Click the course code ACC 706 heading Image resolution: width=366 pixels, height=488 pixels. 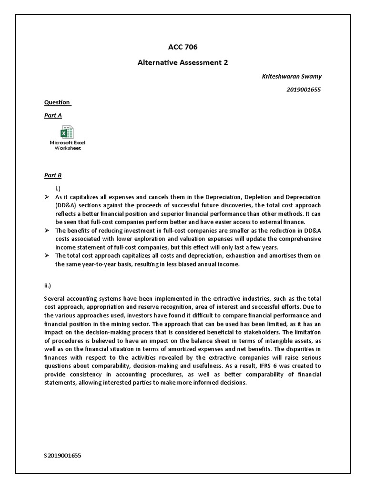point(183,47)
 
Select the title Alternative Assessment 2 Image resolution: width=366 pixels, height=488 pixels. point(183,62)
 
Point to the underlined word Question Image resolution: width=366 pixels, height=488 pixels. point(57,102)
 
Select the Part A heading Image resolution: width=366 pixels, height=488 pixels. point(53,115)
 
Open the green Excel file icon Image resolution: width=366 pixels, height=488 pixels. point(67,132)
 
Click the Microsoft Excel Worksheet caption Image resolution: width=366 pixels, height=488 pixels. point(68,145)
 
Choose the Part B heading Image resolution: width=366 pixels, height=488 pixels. point(53,175)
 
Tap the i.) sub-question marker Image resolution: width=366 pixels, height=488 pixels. point(58,189)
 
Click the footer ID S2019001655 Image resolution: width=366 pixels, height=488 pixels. point(63,455)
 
